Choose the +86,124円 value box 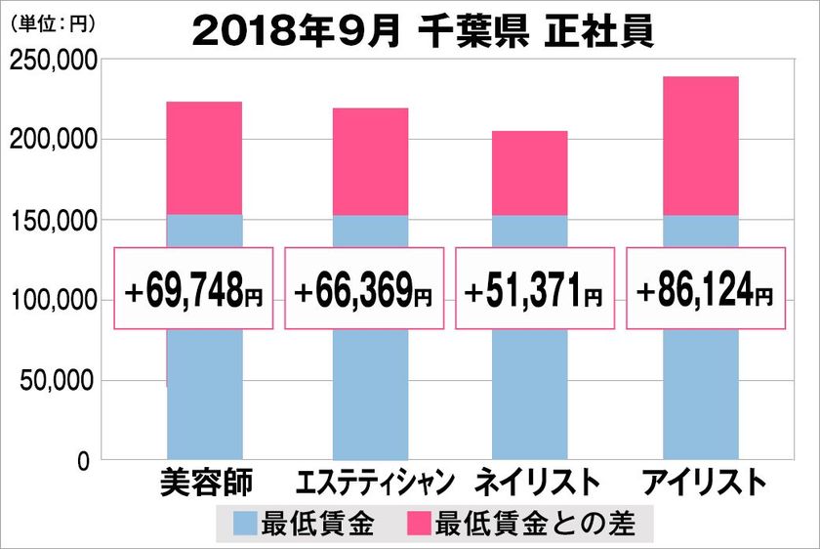click(704, 289)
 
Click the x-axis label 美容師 click(204, 484)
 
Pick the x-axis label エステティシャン click(376, 484)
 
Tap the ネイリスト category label click(536, 484)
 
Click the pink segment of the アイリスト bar click(700, 146)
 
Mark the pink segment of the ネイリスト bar click(530, 173)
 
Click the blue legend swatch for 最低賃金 click(245, 524)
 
